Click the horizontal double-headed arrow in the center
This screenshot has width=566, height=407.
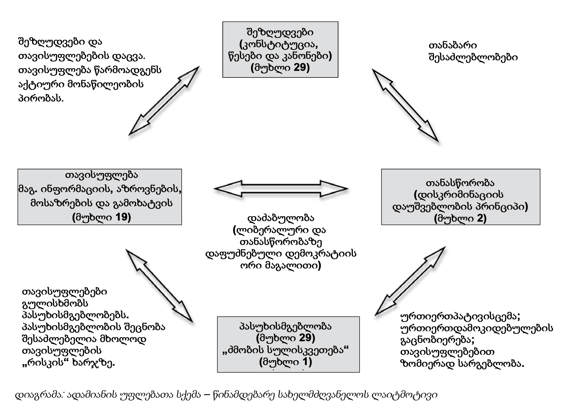[x=281, y=189]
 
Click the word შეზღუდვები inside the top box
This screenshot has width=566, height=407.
[x=280, y=32]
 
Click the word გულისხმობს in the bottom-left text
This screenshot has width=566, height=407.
[x=55, y=303]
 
